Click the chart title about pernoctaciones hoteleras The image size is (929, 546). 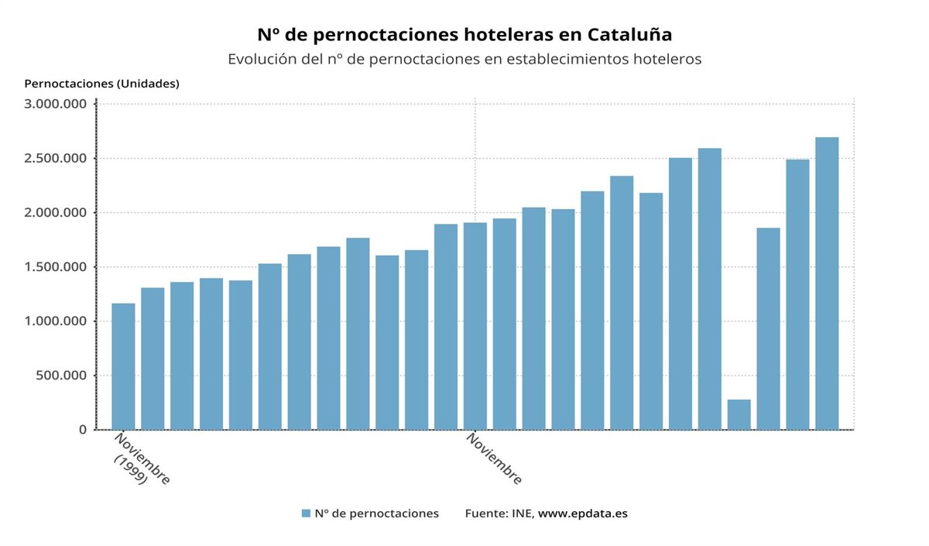tap(464, 35)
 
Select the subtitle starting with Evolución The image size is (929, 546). tap(464, 60)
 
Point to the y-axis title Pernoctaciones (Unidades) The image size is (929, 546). tap(101, 84)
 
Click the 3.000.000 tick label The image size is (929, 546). tap(55, 105)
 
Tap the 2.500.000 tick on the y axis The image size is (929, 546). tap(55, 159)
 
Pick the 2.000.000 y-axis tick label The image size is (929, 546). tap(55, 213)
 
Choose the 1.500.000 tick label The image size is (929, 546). tap(55, 267)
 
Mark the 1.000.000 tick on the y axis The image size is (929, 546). tap(55, 321)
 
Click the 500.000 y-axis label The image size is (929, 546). tap(61, 376)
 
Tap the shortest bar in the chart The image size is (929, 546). tap(739, 414)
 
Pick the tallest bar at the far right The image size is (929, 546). tap(827, 283)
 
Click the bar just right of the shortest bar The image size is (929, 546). tap(768, 328)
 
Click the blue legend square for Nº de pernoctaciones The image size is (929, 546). tap(306, 513)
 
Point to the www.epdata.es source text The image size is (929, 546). tap(582, 513)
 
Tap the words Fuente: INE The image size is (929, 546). tap(499, 513)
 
